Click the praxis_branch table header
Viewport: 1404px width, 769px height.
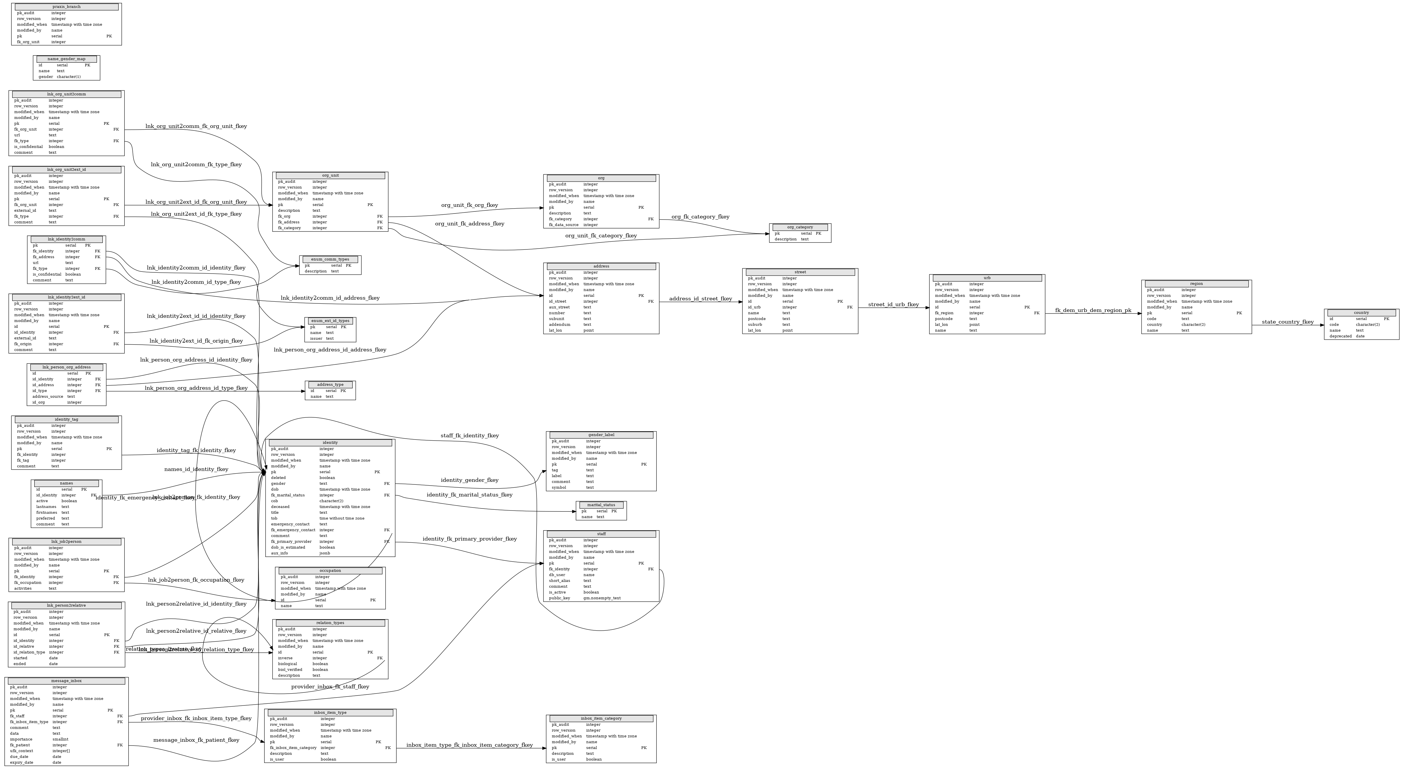tap(66, 7)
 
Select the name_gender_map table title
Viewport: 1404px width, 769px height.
tap(66, 59)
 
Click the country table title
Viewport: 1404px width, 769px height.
tap(1361, 313)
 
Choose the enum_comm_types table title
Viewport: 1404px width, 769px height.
tap(330, 259)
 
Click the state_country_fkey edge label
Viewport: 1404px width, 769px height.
tap(1287, 322)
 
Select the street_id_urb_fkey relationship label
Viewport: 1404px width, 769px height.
tap(893, 305)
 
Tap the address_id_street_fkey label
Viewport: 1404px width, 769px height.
tap(700, 298)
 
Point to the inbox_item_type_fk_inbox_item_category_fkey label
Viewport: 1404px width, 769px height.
tap(469, 745)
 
